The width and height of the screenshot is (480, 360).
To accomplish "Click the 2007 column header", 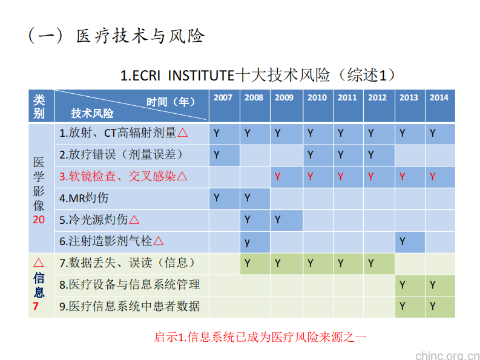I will pyautogui.click(x=223, y=98).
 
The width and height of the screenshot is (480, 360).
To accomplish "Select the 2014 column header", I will pyautogui.click(x=439, y=98).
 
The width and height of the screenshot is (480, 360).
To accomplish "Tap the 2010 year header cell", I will pyautogui.click(x=317, y=98).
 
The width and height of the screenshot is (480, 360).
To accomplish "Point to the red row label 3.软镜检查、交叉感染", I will pyautogui.click(x=123, y=176).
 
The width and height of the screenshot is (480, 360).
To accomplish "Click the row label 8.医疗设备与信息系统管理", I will pyautogui.click(x=130, y=284).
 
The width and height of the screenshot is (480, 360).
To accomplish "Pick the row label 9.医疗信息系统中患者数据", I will pyautogui.click(x=130, y=306).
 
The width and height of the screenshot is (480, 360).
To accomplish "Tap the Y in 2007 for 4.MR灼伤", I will pyautogui.click(x=217, y=198).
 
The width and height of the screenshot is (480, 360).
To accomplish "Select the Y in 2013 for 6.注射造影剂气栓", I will pyautogui.click(x=403, y=241).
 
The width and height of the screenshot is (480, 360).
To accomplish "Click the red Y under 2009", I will pyautogui.click(x=278, y=177).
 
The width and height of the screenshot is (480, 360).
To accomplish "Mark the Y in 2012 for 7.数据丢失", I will pyautogui.click(x=371, y=263).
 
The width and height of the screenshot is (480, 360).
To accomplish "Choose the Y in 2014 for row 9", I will pyautogui.click(x=433, y=306).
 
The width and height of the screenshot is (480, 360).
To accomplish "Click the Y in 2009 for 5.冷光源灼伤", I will pyautogui.click(x=278, y=220).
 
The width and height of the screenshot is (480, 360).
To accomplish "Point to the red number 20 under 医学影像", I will pyautogui.click(x=39, y=220).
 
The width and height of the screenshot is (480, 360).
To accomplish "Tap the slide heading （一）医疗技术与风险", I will pyautogui.click(x=116, y=36).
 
